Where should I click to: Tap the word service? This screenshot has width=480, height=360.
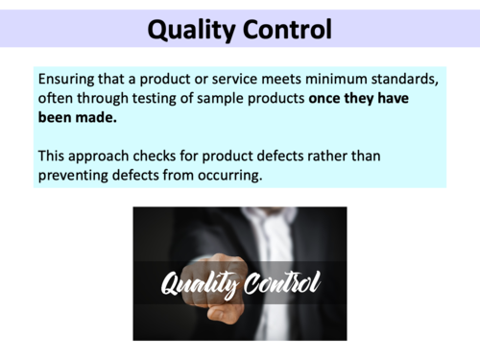[255, 79]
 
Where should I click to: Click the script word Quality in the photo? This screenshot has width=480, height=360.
[198, 285]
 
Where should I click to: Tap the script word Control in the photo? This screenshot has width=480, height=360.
[281, 283]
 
